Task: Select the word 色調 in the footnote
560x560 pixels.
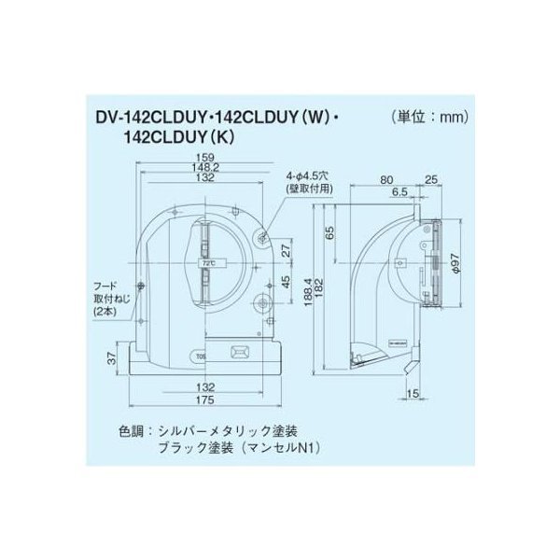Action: [x=132, y=431]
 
